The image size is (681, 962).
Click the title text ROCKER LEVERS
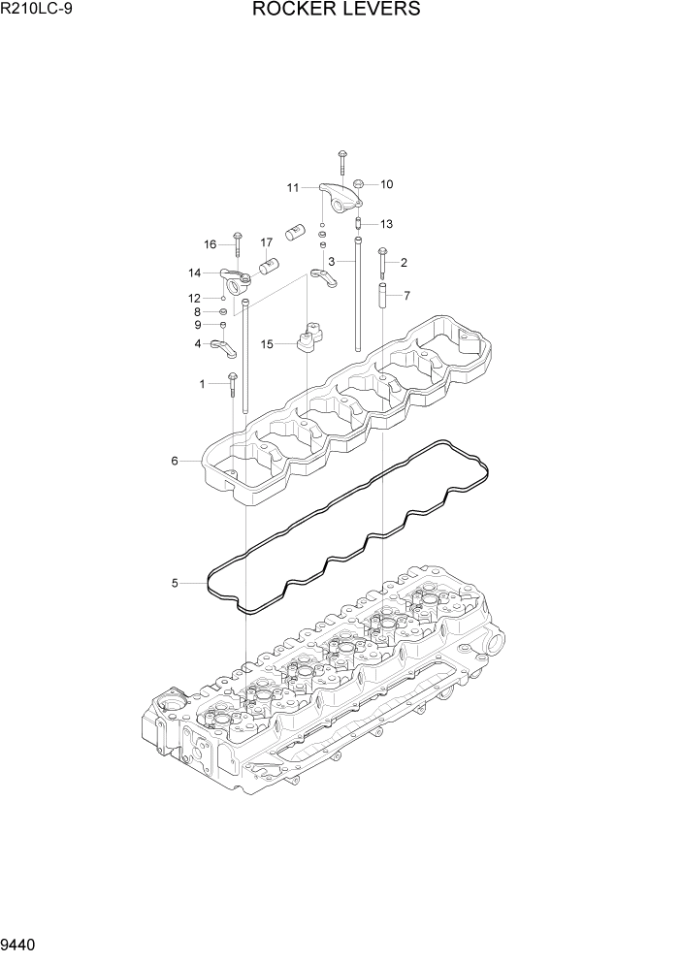tap(337, 11)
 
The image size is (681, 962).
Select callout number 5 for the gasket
tap(175, 583)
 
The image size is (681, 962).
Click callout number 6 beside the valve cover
tap(175, 461)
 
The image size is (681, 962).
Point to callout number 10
tap(386, 184)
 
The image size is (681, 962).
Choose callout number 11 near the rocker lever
tap(292, 187)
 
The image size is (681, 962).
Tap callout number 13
tap(386, 224)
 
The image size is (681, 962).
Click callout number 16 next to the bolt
tap(210, 243)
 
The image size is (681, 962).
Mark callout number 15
tap(266, 343)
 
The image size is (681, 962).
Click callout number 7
tap(406, 295)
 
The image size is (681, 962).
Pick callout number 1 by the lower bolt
tap(203, 384)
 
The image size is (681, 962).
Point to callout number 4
tap(198, 343)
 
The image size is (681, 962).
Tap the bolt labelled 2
tap(382, 265)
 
